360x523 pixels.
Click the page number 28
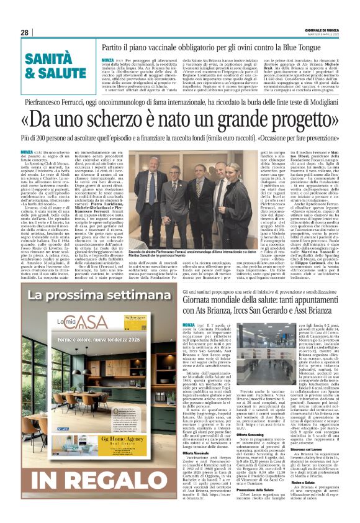coord(24,32)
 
